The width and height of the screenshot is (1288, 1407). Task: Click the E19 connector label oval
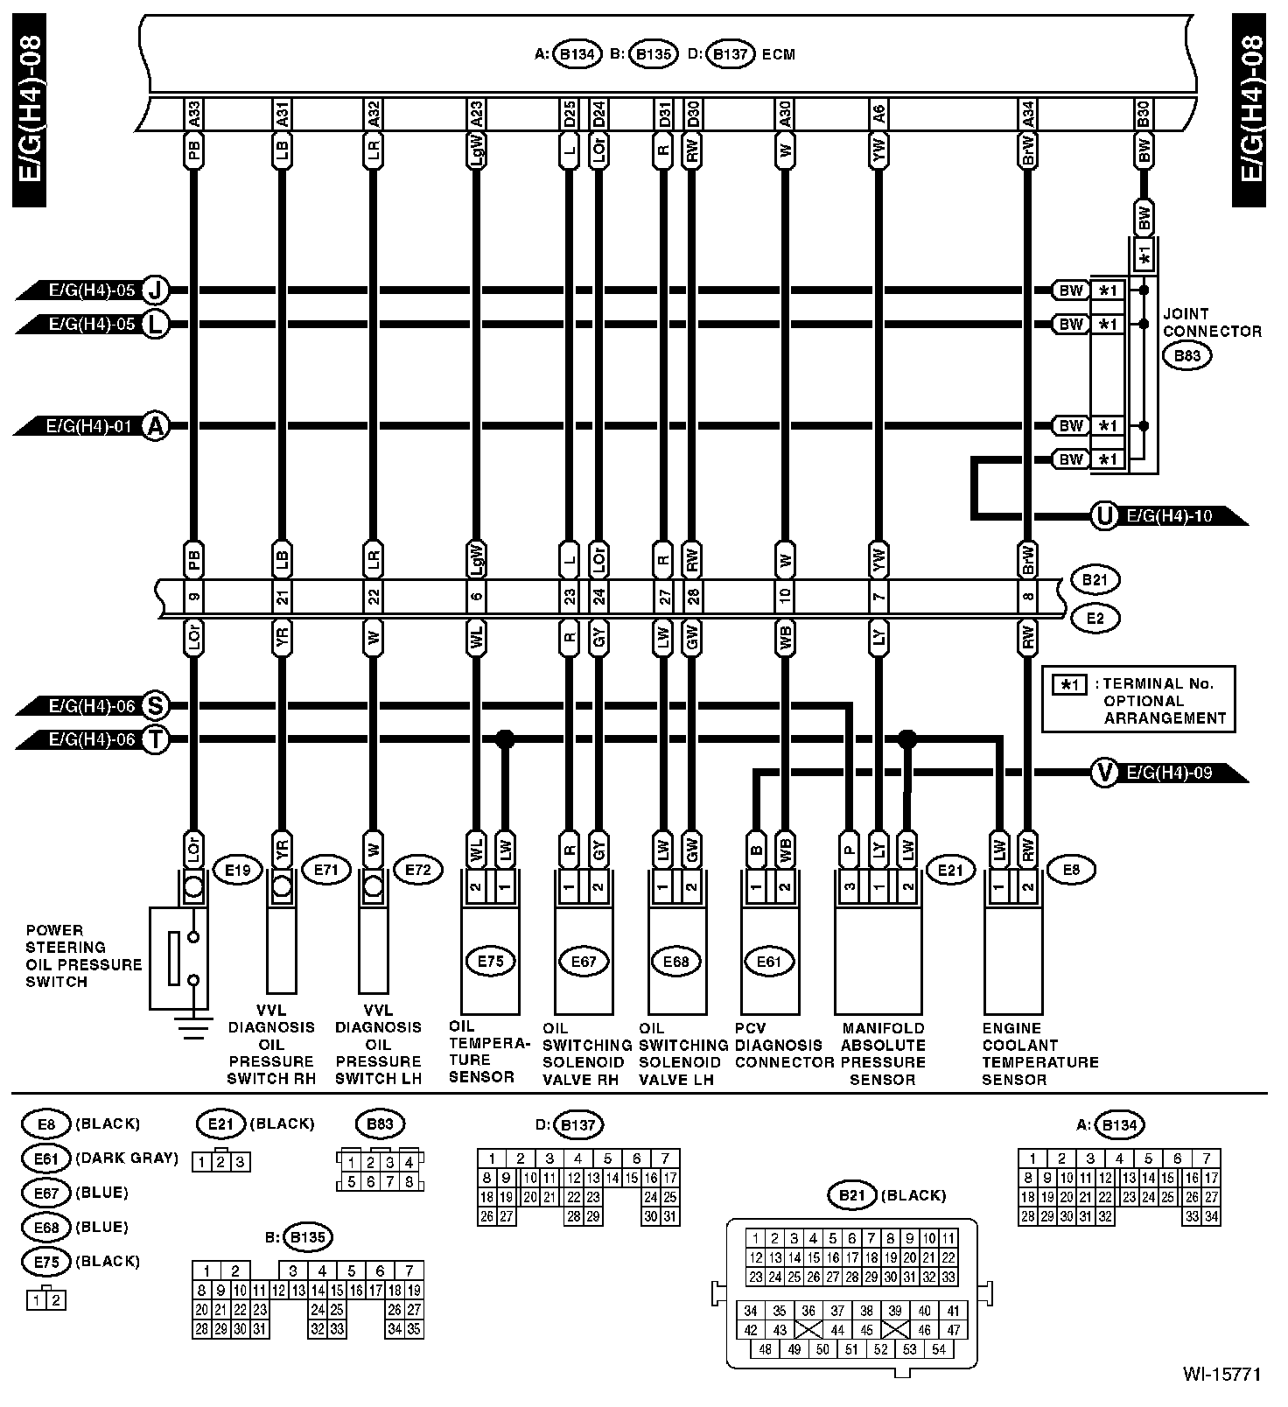coord(238,870)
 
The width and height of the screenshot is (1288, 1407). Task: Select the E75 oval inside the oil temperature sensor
coord(491,961)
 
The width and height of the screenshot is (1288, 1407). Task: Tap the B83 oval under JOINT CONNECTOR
coord(1187,356)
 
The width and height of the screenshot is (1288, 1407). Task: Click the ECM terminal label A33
coord(194,113)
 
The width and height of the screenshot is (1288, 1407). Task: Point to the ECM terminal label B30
coord(1143,113)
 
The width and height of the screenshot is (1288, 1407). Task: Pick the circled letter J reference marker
coord(156,290)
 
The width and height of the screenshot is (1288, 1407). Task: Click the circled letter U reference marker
coord(1104,516)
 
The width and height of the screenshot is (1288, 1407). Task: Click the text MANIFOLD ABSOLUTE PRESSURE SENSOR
coord(882,1053)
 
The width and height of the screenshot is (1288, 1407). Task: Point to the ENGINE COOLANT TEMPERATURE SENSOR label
coord(1039,1053)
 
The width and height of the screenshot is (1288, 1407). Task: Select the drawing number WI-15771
coord(1222,1375)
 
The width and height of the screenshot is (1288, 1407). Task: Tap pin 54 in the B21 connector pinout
coord(938,1348)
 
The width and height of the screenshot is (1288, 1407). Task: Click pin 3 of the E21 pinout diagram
coord(241,1162)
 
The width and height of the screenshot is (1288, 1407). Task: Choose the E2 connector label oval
coord(1095,619)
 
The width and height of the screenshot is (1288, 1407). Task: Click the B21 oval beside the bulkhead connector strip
coord(1095,579)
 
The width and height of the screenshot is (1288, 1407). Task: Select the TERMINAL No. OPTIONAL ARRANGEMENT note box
coord(1138,700)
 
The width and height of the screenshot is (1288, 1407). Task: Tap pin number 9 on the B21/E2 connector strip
coord(194,598)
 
